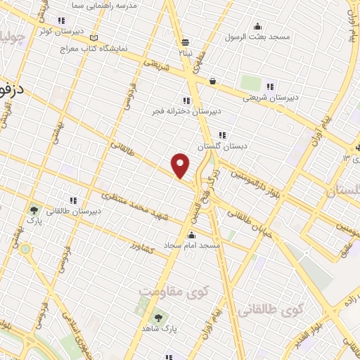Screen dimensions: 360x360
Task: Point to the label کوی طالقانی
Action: point(271,309)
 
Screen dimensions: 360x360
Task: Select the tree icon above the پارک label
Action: point(33,210)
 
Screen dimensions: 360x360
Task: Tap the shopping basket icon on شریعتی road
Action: point(212,81)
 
